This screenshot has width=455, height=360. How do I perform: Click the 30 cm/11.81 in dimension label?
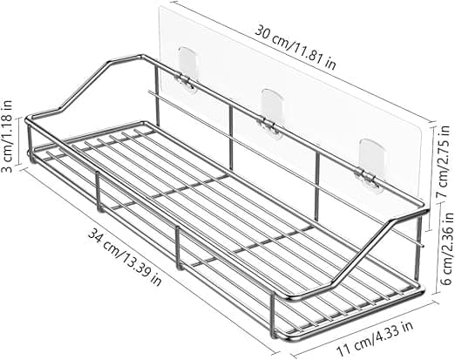(295, 48)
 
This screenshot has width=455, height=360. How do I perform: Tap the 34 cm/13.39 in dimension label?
(125, 256)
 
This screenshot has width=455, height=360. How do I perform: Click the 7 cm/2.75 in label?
(445, 162)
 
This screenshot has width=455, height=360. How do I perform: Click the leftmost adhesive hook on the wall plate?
(187, 71)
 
